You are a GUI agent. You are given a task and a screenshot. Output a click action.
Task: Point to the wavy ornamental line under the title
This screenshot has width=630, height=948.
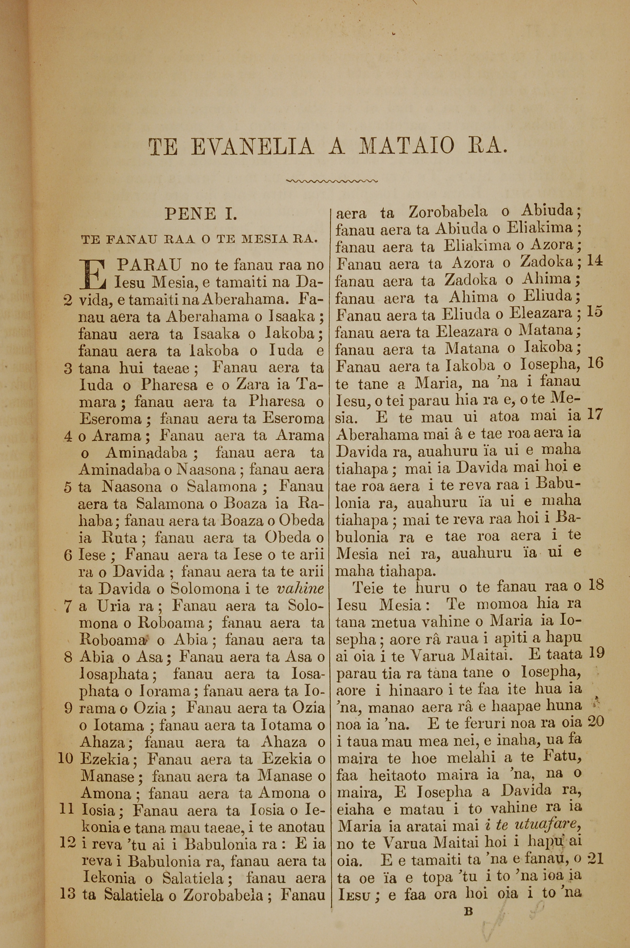pos(331,181)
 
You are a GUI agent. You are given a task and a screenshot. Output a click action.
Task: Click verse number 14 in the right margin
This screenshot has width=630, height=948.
pos(595,262)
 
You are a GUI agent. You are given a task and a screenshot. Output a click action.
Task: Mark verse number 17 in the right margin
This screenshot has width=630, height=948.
pos(595,414)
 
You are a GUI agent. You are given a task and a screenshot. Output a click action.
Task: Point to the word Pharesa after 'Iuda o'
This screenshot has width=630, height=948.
pos(169,385)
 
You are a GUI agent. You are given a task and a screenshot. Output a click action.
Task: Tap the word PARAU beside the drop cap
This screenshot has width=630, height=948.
pos(149,265)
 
